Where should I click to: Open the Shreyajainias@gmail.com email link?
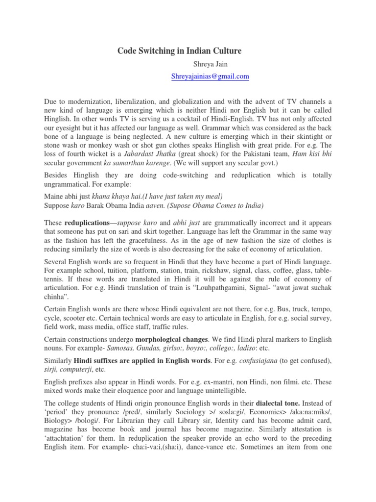[210, 76]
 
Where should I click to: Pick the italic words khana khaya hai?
[107, 196]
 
